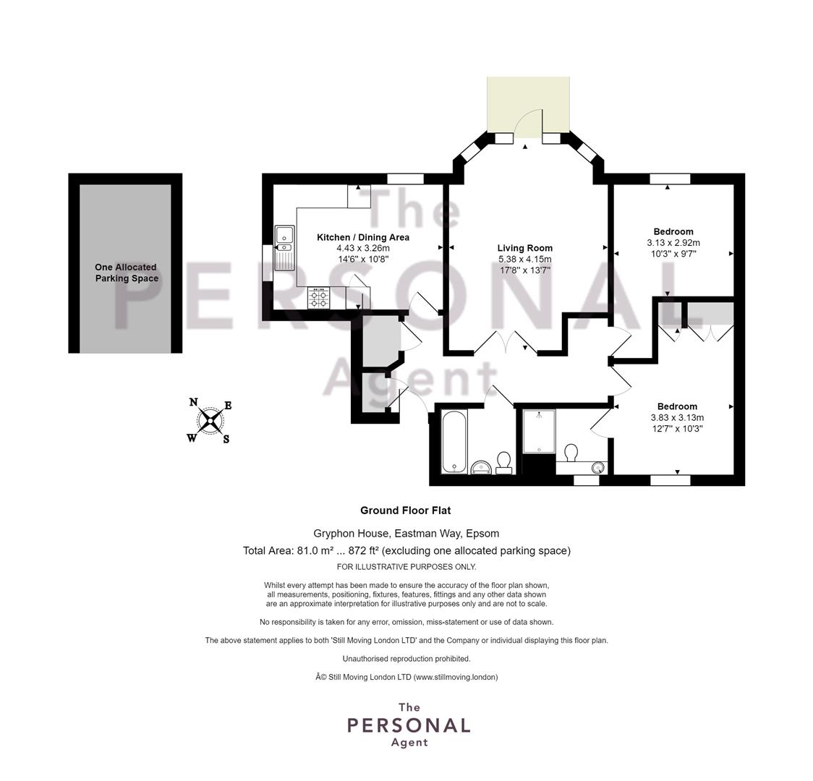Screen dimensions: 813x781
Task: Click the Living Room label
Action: coord(524,248)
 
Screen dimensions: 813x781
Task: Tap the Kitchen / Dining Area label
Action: coord(363,237)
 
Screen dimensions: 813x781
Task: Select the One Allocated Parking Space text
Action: coord(126,273)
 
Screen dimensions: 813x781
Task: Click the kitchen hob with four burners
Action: coord(318,298)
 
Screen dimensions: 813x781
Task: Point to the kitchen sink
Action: coord(284,248)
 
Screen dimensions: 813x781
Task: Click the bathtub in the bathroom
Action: coord(454,442)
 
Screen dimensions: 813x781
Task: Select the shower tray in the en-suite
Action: coord(540,431)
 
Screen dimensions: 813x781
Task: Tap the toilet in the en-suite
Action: coord(571,453)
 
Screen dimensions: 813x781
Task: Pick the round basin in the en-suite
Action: coord(599,467)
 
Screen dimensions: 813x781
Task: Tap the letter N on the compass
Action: coord(193,402)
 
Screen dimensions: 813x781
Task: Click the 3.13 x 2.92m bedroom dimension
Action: coord(673,242)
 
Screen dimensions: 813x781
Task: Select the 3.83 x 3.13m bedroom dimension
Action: coord(677,418)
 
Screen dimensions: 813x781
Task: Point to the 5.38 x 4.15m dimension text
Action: coord(524,259)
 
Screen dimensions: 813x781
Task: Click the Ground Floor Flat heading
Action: coord(406,511)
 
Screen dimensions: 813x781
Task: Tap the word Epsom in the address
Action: coord(482,533)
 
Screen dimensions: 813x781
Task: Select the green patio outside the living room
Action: coord(528,103)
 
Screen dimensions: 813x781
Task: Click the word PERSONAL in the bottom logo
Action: coord(409,725)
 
